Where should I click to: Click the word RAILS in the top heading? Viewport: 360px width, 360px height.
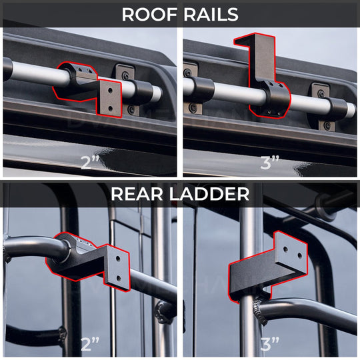click(x=210, y=15)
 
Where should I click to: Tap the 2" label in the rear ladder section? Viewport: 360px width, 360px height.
click(x=90, y=345)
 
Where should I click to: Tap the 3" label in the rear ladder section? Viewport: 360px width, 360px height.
click(x=269, y=345)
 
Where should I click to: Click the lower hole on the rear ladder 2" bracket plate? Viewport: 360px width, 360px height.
click(x=118, y=278)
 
